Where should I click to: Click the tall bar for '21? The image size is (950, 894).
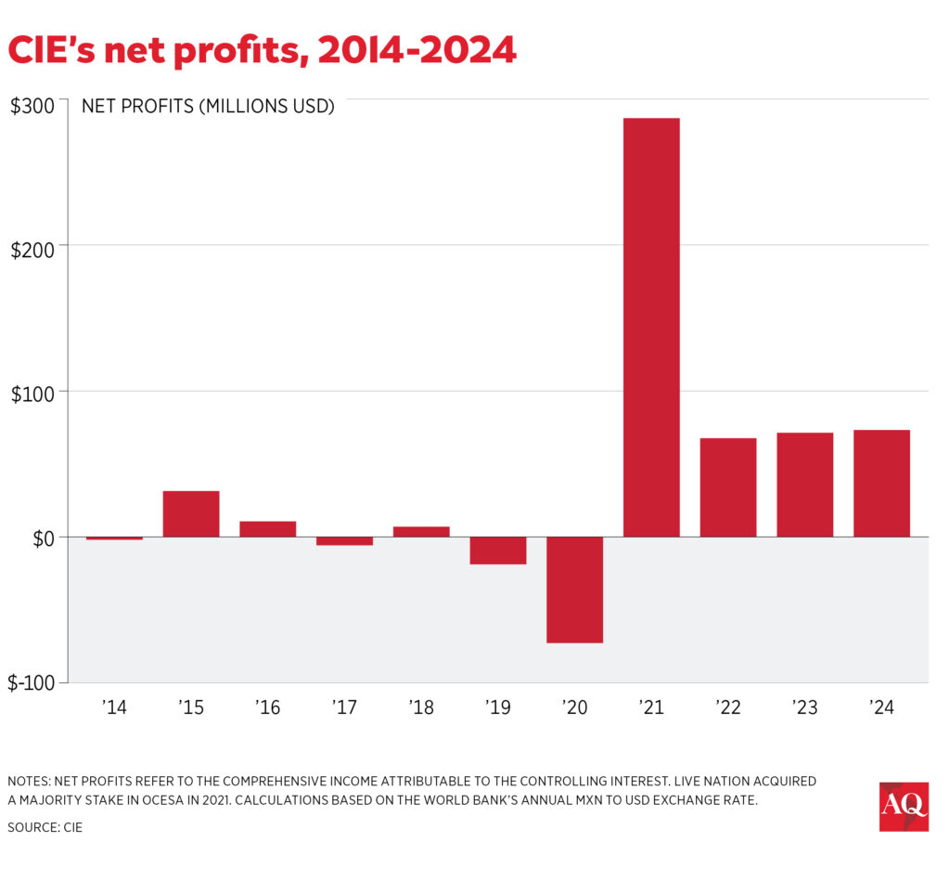(x=651, y=327)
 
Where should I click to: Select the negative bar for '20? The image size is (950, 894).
(x=574, y=590)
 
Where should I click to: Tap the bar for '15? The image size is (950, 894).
(x=191, y=513)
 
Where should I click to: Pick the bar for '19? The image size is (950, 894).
(x=497, y=551)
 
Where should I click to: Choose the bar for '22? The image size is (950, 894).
(x=728, y=487)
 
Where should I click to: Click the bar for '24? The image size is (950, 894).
(x=881, y=483)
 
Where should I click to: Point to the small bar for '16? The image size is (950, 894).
(x=267, y=529)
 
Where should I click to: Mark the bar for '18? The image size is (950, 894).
(x=421, y=532)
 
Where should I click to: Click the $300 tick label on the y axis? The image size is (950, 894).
(x=32, y=106)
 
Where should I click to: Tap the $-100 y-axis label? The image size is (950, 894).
(x=32, y=683)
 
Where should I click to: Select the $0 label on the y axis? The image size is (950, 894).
(x=38, y=538)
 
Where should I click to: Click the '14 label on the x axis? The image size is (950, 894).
(x=114, y=708)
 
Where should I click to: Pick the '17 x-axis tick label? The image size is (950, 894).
(x=344, y=708)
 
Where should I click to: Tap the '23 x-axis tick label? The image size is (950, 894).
(x=804, y=708)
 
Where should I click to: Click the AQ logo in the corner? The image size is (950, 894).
(x=904, y=807)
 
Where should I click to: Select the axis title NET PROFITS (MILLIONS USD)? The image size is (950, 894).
(x=208, y=106)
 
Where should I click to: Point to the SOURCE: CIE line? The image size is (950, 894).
(x=45, y=826)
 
